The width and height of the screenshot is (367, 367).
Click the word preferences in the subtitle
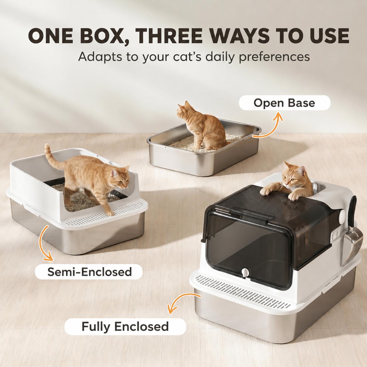tap(274, 57)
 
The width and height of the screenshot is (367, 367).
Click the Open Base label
tap(284, 103)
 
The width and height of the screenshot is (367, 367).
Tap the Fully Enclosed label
tap(125, 326)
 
